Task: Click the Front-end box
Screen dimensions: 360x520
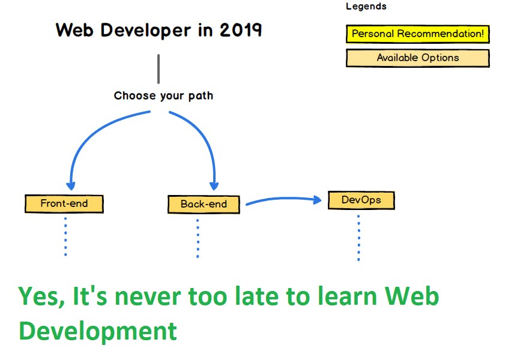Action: pyautogui.click(x=64, y=203)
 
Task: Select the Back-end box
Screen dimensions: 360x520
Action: pyautogui.click(x=204, y=204)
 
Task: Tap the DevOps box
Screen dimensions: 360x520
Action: pyautogui.click(x=361, y=200)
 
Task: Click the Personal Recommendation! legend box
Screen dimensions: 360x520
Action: pyautogui.click(x=417, y=34)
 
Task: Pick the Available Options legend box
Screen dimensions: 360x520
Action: pyautogui.click(x=417, y=58)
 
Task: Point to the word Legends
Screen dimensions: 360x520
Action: pyautogui.click(x=366, y=7)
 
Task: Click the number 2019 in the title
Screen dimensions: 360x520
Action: pyautogui.click(x=240, y=29)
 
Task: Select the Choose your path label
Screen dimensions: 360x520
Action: pyautogui.click(x=163, y=95)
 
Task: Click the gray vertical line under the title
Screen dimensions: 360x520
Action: pyautogui.click(x=159, y=68)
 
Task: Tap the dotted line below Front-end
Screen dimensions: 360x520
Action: pyautogui.click(x=65, y=236)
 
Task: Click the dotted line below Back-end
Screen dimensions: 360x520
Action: pyautogui.click(x=197, y=238)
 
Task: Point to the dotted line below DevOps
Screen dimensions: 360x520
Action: pyautogui.click(x=358, y=237)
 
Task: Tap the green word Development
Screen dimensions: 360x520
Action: pyautogui.click(x=97, y=331)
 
